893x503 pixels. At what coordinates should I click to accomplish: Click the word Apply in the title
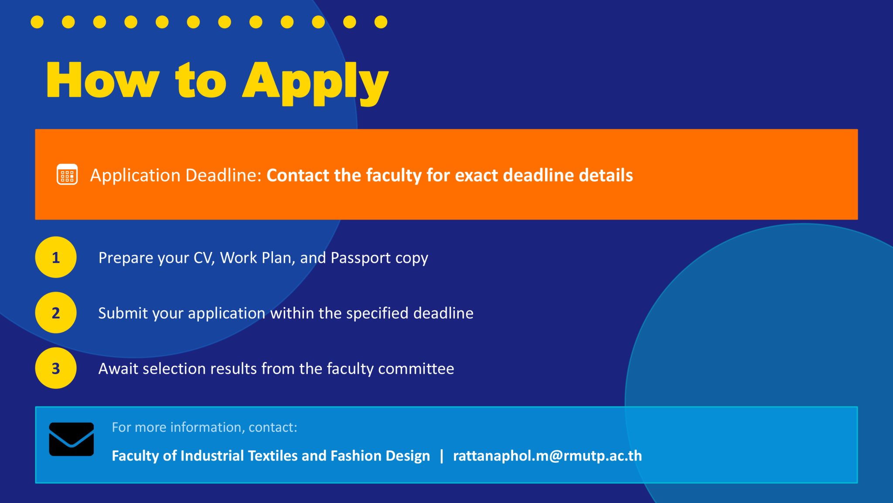315,83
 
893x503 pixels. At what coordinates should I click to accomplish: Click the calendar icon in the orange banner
67,175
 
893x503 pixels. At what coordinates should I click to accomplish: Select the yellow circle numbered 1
56,257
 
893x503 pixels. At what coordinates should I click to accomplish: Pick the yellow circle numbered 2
56,313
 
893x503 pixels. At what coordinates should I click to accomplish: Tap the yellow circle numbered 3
56,368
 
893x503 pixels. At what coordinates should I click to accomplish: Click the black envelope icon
72,439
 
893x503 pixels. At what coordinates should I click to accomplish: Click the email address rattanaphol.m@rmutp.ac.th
547,456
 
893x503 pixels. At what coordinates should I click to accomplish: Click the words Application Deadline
176,176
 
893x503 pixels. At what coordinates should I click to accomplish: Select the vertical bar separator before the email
442,456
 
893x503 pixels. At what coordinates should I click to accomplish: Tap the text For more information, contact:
205,427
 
